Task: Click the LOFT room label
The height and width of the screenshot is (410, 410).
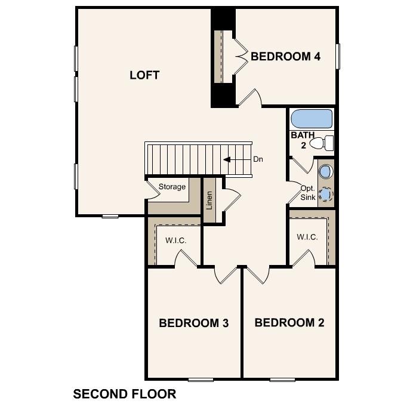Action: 144,75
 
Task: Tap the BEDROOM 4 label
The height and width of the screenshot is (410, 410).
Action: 286,57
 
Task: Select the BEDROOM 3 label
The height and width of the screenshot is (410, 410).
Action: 194,323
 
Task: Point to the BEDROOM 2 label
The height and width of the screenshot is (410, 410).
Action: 289,323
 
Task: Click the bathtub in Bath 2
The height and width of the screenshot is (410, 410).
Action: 311,119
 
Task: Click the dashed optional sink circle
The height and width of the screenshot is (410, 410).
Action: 325,194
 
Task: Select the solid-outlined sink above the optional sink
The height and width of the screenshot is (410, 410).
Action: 325,172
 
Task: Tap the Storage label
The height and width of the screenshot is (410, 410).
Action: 172,187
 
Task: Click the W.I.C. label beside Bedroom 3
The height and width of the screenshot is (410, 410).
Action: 175,241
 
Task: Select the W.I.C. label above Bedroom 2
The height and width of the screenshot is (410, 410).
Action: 307,237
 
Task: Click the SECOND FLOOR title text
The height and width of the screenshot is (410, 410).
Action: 124,394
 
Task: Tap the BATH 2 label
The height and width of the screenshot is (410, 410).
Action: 303,140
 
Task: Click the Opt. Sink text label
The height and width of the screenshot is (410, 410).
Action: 307,193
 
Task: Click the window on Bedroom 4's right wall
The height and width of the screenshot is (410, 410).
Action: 337,56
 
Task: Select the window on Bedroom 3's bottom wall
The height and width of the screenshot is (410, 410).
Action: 201,379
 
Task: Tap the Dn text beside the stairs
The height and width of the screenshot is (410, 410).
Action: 258,159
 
